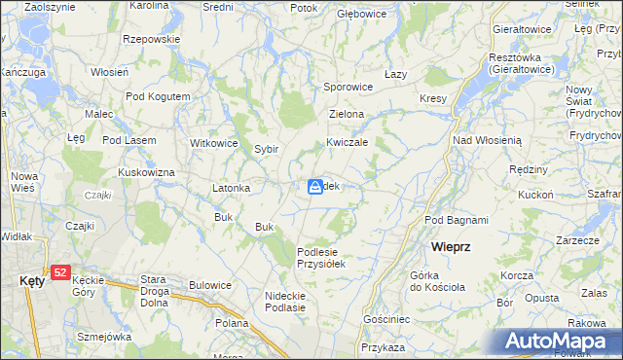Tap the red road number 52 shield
[61, 273]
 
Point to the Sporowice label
[348, 87]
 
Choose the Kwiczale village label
[347, 141]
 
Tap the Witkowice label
[214, 143]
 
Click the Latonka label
[233, 188]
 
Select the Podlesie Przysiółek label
[321, 257]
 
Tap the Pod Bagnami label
[457, 221]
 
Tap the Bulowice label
[210, 285]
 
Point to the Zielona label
[347, 114]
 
